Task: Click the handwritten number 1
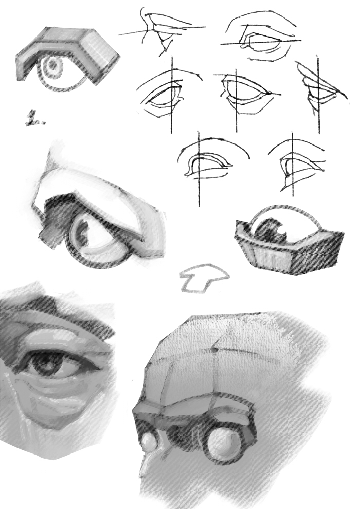click(35, 118)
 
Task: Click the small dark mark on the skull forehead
click(213, 349)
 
